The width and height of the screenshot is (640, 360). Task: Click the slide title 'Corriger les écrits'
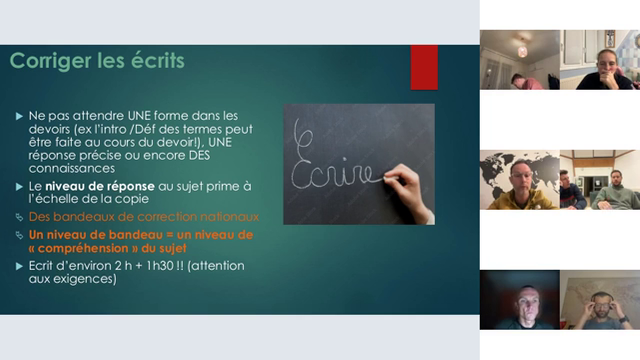pyautogui.click(x=97, y=61)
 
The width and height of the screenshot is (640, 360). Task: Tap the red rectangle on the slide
pyautogui.click(x=424, y=67)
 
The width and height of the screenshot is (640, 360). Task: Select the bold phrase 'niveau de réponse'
pyautogui.click(x=100, y=186)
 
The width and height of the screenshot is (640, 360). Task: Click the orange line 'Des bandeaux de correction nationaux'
pyautogui.click(x=144, y=217)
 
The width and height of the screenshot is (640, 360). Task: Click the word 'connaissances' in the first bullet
pyautogui.click(x=72, y=168)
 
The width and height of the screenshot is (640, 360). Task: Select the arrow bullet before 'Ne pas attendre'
pyautogui.click(x=19, y=116)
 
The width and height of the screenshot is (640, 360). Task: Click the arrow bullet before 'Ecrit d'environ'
pyautogui.click(x=19, y=266)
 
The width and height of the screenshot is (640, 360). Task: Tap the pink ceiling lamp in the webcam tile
pyautogui.click(x=522, y=51)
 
